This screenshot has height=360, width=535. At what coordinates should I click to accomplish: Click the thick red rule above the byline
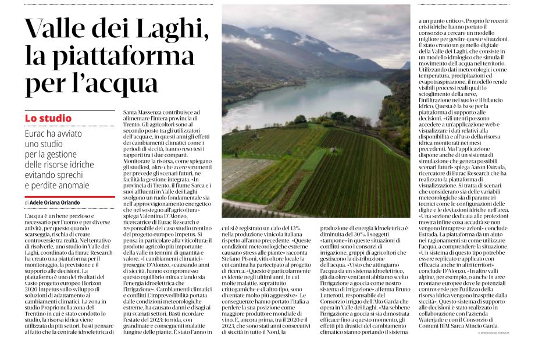tap(69, 197)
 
